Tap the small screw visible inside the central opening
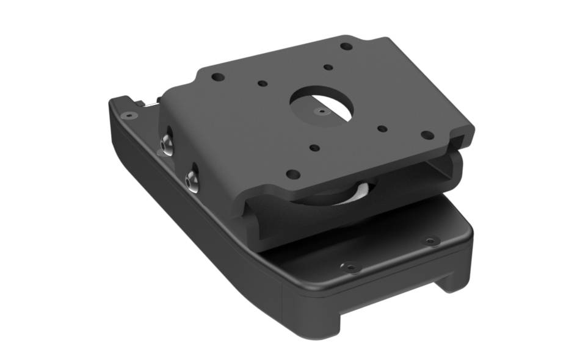[321, 112]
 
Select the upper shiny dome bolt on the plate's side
[166, 144]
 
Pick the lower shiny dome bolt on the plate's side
[192, 180]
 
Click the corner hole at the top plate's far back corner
[346, 46]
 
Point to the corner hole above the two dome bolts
[217, 77]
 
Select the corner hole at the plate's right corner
[427, 135]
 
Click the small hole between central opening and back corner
[328, 67]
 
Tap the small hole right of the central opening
[382, 128]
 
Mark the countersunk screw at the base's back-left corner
[128, 115]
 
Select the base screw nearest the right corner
[430, 241]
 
